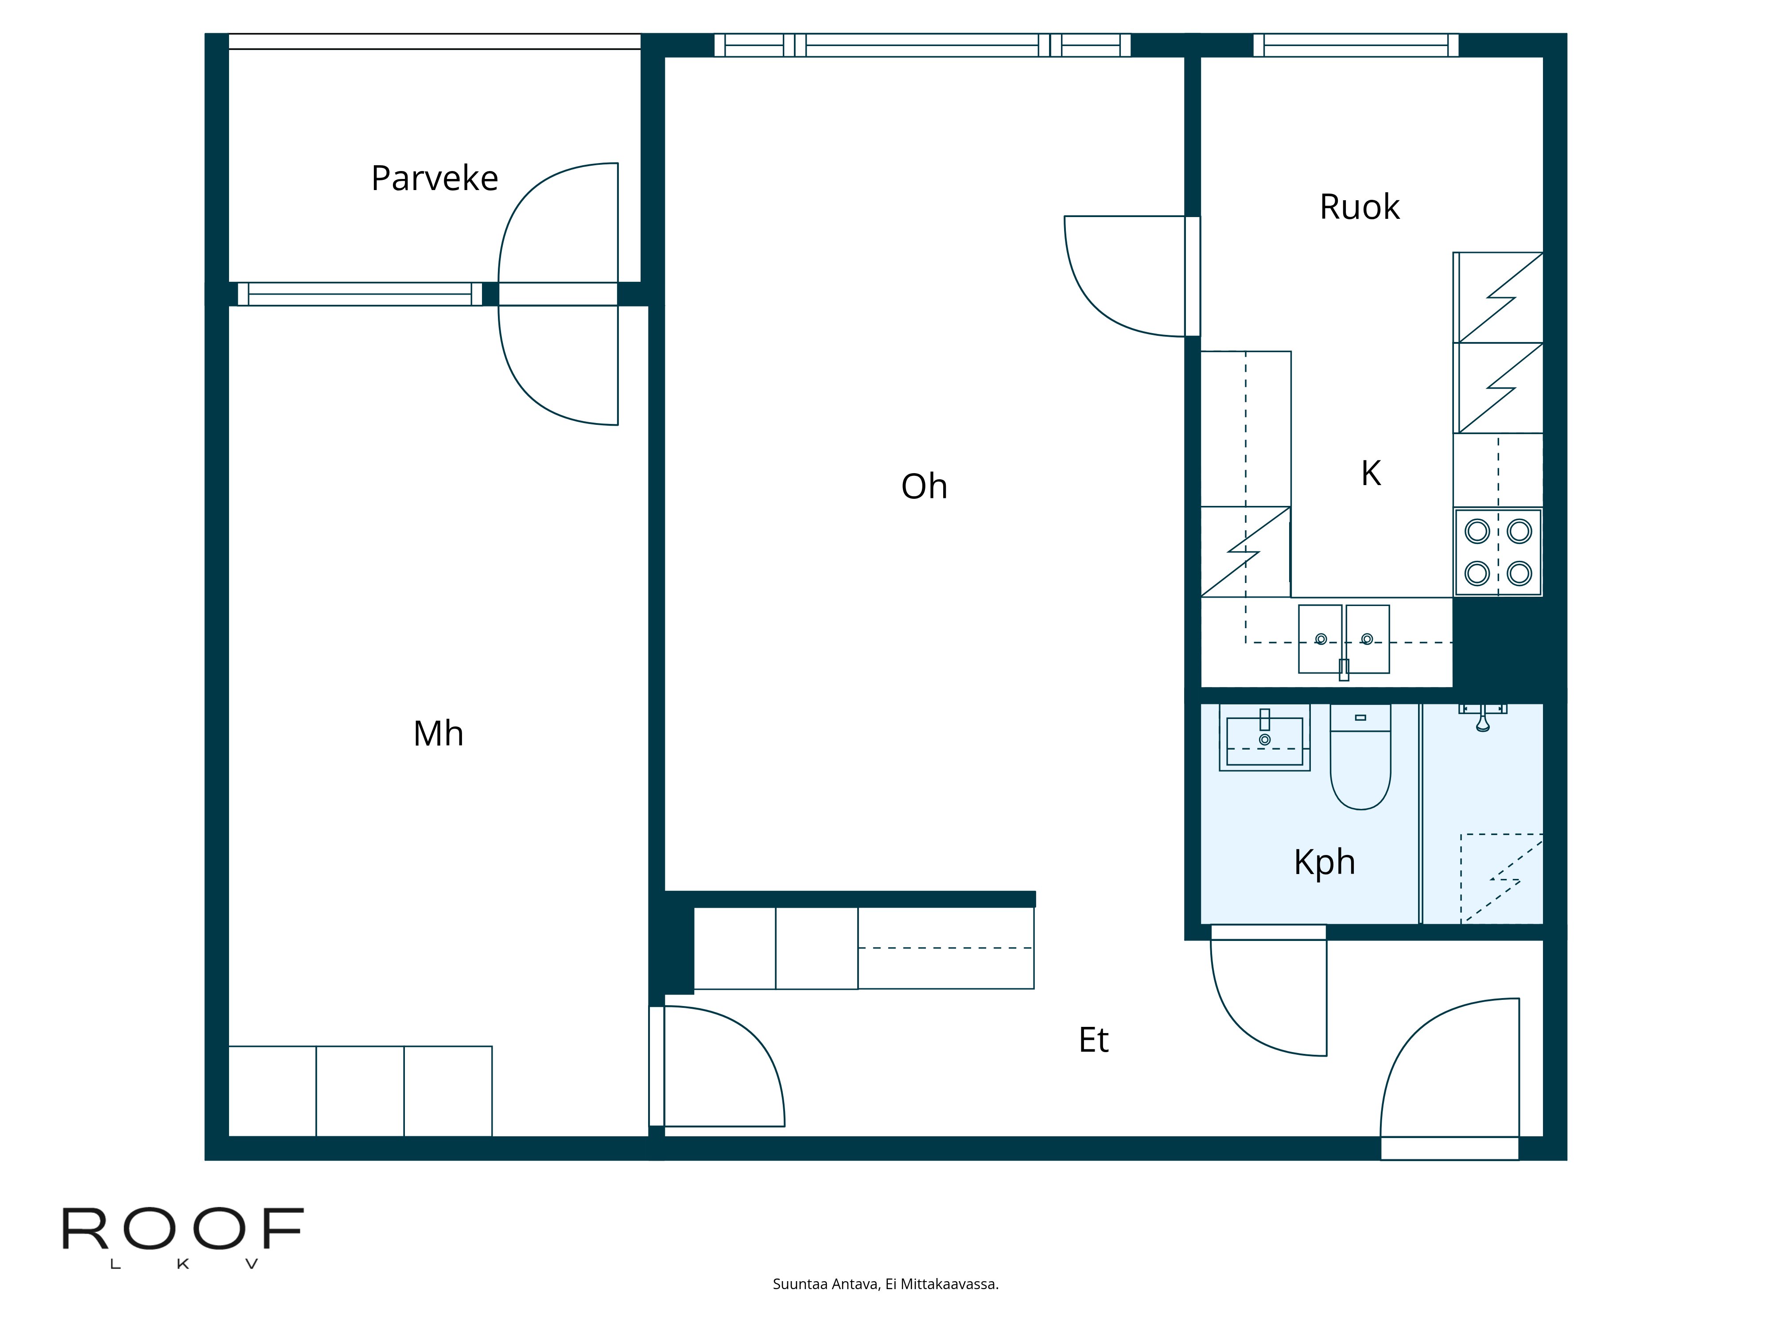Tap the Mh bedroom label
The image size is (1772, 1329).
[x=438, y=734]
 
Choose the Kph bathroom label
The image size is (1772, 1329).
[x=1324, y=862]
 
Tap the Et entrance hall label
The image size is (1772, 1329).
[x=1093, y=1040]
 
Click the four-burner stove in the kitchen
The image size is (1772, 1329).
[x=1498, y=552]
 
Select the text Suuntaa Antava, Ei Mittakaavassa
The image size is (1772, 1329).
[x=885, y=1284]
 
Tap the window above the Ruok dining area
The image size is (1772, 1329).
[x=1356, y=45]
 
